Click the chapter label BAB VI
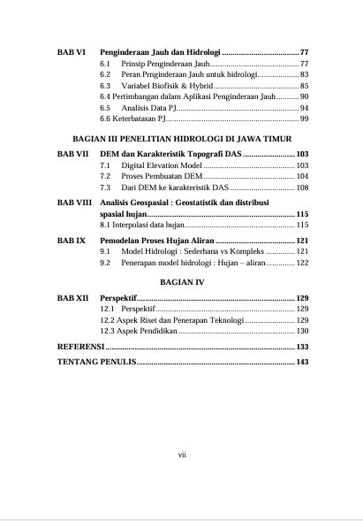(71, 52)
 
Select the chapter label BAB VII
(72, 154)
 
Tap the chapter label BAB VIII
(73, 203)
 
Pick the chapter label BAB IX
(71, 240)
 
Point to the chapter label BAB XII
(72, 297)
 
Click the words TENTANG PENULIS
(95, 362)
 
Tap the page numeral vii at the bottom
(181, 455)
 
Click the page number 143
(300, 362)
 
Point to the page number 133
(300, 346)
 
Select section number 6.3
(105, 86)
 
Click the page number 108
(300, 188)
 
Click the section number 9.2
(105, 263)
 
